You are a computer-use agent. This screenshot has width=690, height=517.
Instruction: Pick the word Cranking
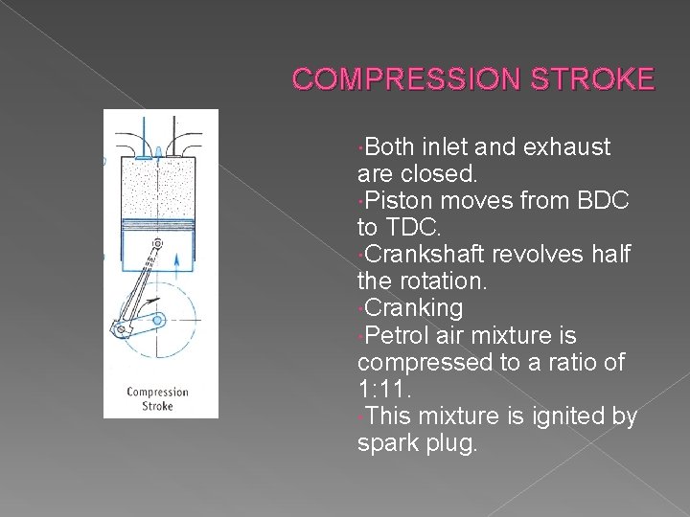(414, 308)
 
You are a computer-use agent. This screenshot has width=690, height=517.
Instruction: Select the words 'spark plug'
(415, 443)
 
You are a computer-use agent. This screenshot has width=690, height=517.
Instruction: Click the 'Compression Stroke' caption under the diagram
(158, 398)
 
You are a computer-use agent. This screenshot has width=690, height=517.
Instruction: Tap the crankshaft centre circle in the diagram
(159, 320)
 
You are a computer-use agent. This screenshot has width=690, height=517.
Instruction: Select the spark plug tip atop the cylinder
(159, 149)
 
